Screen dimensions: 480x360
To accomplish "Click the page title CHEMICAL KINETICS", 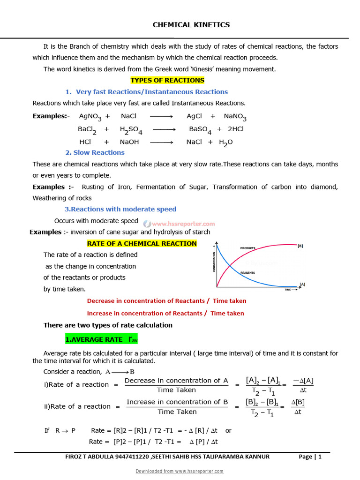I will click(x=191, y=25).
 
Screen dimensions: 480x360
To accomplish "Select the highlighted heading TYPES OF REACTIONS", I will click(x=167, y=80).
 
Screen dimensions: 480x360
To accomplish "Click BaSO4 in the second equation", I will click(x=200, y=129).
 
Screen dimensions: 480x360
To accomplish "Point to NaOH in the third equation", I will click(x=129, y=142).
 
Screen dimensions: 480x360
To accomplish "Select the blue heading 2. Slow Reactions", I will click(x=95, y=152).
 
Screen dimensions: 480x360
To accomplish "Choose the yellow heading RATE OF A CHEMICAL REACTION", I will click(x=142, y=243).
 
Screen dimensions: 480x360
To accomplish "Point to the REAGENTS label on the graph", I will click(x=247, y=272).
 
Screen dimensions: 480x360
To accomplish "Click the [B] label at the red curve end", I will click(x=300, y=246).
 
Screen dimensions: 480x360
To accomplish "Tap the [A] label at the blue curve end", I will click(x=302, y=284).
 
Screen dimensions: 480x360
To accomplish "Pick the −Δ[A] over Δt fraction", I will click(x=303, y=384).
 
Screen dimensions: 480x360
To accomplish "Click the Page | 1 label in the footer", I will click(x=310, y=457).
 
